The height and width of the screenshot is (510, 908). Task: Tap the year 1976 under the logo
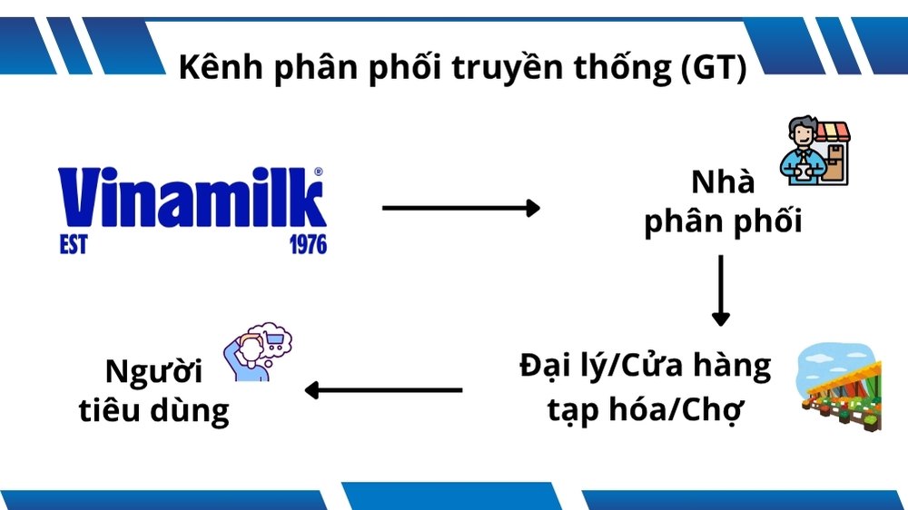click(x=308, y=244)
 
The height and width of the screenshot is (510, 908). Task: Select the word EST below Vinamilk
click(x=74, y=244)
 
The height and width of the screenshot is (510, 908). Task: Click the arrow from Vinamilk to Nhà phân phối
click(x=461, y=208)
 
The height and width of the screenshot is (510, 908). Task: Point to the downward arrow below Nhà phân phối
click(x=721, y=290)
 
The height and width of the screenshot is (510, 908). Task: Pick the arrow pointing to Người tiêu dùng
click(x=383, y=390)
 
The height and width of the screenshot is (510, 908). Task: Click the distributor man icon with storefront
click(x=814, y=151)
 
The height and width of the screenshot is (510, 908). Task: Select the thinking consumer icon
click(x=258, y=352)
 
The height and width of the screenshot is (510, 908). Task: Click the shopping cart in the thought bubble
click(x=273, y=340)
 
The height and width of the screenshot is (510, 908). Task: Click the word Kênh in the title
click(x=220, y=65)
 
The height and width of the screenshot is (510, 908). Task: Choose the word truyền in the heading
click(x=506, y=67)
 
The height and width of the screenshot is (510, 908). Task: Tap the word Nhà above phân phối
click(x=723, y=181)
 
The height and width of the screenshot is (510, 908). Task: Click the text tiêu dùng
click(x=154, y=410)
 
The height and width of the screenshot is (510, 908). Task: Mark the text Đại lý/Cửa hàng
click(x=645, y=366)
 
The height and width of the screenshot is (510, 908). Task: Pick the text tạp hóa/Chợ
click(x=645, y=410)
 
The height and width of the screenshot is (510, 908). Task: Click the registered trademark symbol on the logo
click(x=319, y=172)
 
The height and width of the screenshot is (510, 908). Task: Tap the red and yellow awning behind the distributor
click(x=832, y=132)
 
